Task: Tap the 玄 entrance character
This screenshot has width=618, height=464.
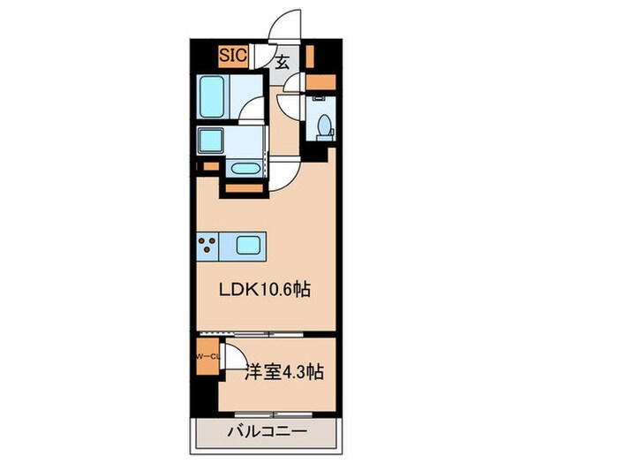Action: pyautogui.click(x=283, y=63)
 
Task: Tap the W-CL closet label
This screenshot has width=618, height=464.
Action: pyautogui.click(x=207, y=357)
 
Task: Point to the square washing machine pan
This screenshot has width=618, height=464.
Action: pyautogui.click(x=213, y=141)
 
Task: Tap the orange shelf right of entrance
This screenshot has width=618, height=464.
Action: pyautogui.click(x=309, y=57)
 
